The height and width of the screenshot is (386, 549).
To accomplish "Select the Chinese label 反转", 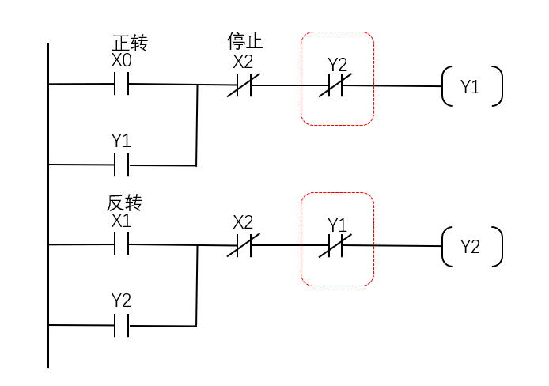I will tap(123, 202).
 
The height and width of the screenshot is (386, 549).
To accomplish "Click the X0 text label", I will tap(122, 60).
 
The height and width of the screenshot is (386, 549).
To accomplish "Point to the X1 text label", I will tap(121, 221).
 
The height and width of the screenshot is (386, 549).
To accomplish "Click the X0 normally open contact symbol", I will tap(122, 83).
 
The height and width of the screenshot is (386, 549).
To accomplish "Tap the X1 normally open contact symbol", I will tap(122, 244).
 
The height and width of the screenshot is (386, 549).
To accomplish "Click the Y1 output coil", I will tap(471, 87).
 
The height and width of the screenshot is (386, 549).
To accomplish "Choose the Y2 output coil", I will tap(471, 247).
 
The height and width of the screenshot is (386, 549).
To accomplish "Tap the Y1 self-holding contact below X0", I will tap(122, 165).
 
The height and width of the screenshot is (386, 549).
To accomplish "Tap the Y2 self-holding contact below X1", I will tap(122, 324).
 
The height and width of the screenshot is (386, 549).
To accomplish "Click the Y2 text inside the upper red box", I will tap(338, 63).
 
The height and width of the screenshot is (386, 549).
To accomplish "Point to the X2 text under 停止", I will tap(243, 62).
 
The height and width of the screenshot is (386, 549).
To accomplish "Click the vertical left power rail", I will tap(48, 206).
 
